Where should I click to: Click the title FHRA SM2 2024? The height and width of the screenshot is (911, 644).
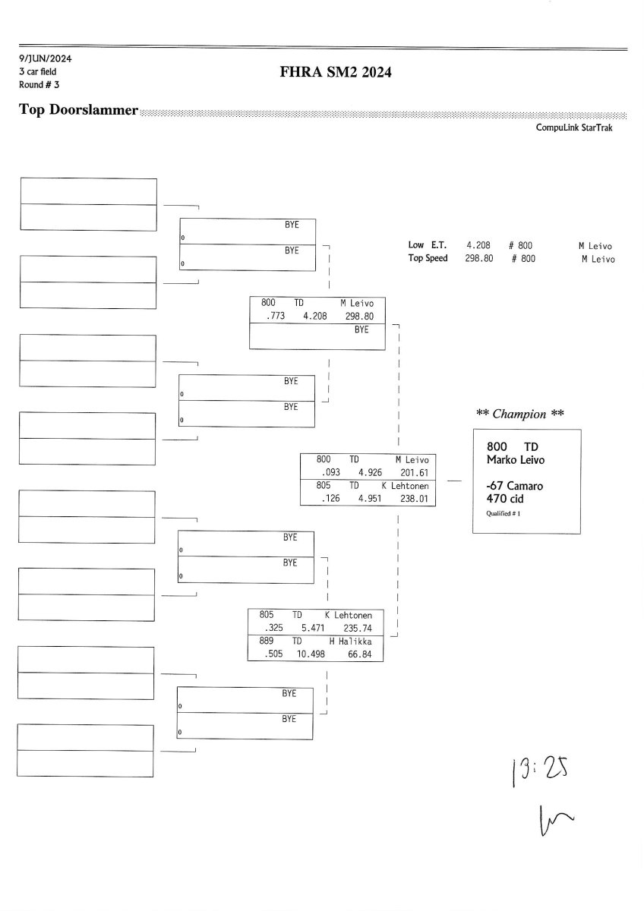coord(336,73)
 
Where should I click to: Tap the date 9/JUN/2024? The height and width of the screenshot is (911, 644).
coord(46,58)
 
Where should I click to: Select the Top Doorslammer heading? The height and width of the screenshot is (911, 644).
coord(78,110)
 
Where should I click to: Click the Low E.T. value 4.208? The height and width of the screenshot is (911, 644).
coord(478,246)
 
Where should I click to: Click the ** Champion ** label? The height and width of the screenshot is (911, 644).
coord(520,414)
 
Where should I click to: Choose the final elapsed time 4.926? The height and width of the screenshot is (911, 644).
coord(371,472)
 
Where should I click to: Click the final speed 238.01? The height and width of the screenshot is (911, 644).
coord(415,499)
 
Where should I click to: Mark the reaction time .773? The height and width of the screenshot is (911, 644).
coord(273,317)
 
